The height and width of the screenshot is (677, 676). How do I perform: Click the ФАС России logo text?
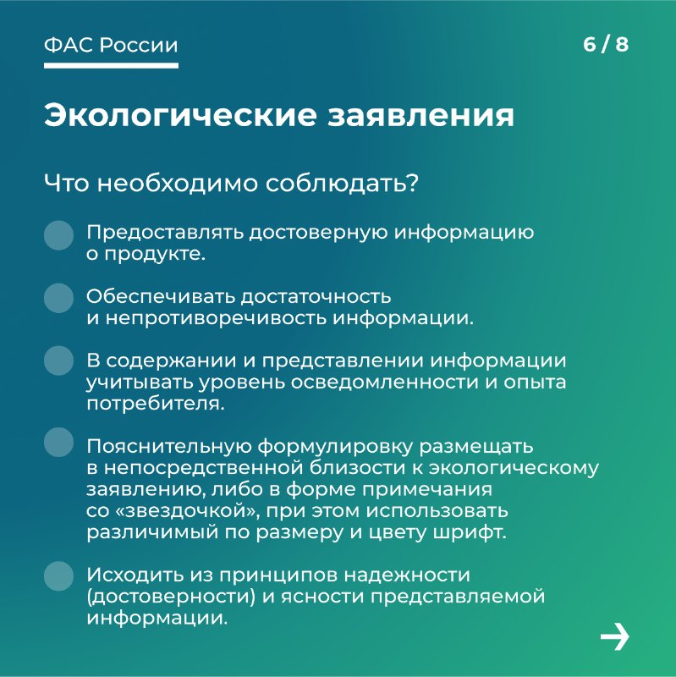pyautogui.click(x=111, y=46)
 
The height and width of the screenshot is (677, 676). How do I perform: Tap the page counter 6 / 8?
pyautogui.click(x=606, y=45)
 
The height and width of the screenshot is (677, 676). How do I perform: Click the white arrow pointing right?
pyautogui.click(x=615, y=636)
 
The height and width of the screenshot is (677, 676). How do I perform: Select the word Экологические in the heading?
pyautogui.click(x=180, y=115)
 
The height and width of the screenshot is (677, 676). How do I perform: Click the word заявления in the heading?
pyautogui.click(x=420, y=116)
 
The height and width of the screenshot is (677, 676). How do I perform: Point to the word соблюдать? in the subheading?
pyautogui.click(x=342, y=183)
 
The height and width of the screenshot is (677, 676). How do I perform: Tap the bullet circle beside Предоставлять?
pyautogui.click(x=58, y=235)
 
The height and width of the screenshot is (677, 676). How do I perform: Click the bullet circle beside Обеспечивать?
pyautogui.click(x=58, y=298)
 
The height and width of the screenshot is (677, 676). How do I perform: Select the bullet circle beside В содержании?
pyautogui.click(x=58, y=361)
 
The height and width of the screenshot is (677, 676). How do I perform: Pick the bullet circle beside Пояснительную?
pyautogui.click(x=58, y=442)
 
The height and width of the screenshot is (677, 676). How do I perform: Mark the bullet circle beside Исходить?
pyautogui.click(x=58, y=576)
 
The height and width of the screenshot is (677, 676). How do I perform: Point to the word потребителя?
pyautogui.click(x=156, y=405)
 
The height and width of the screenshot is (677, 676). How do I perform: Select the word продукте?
pyautogui.click(x=155, y=255)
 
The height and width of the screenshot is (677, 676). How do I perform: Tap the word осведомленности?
pyautogui.click(x=384, y=383)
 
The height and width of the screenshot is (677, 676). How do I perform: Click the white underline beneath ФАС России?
pyautogui.click(x=111, y=66)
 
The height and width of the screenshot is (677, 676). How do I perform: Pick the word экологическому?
pyautogui.click(x=514, y=469)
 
